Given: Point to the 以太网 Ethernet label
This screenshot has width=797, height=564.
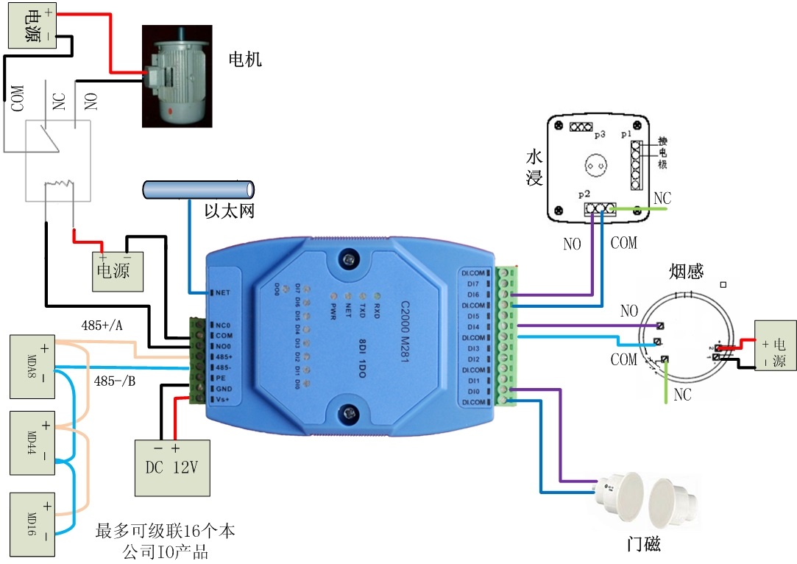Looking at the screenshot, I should pyautogui.click(x=230, y=211).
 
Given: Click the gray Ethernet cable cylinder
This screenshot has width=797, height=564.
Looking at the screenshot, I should pyautogui.click(x=197, y=189).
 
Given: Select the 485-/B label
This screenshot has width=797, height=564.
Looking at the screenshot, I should pyautogui.click(x=114, y=381).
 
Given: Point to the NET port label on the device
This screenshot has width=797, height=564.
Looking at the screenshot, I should pyautogui.click(x=223, y=292).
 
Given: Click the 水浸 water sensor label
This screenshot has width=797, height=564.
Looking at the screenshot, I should pyautogui.click(x=534, y=167).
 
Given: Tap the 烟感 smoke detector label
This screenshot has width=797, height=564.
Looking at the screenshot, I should pyautogui.click(x=687, y=272).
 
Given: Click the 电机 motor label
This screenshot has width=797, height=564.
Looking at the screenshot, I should pyautogui.click(x=245, y=59).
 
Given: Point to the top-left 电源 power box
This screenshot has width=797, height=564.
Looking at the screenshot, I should pyautogui.click(x=31, y=27).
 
